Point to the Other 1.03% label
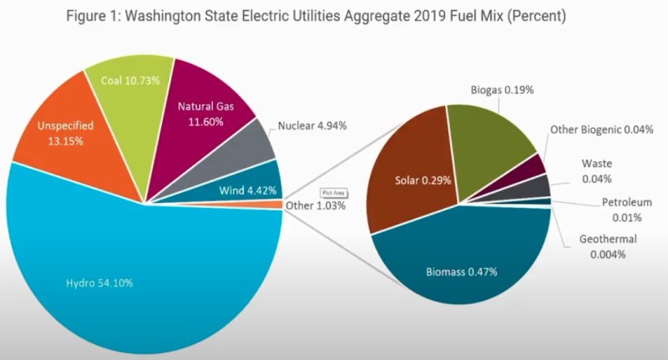[316, 205]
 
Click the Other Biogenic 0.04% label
[601, 129]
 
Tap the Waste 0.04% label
[597, 171]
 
